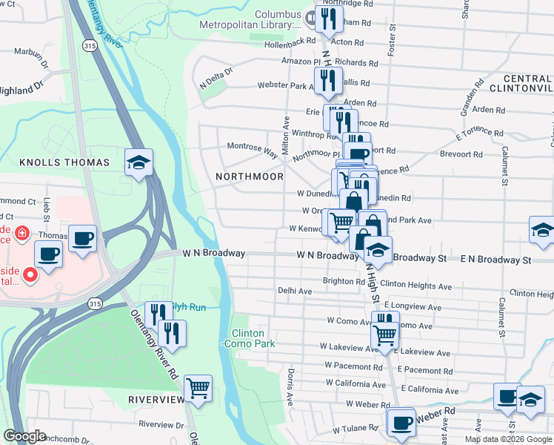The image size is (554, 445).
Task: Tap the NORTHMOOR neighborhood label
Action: pos(249,177)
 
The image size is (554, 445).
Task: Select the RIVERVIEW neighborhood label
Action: pos(156,400)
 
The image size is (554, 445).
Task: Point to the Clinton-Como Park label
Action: pos(253,338)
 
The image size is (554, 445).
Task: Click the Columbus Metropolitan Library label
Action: pos(278,20)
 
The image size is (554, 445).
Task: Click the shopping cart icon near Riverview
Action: pos(198,388)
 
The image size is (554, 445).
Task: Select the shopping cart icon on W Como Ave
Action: pos(384,334)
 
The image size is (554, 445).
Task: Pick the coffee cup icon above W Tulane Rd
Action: pos(401,423)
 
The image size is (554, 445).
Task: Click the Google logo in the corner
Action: pos(25,436)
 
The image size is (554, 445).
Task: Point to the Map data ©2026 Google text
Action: pos(508,439)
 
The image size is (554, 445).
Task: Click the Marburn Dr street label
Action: pos(30,53)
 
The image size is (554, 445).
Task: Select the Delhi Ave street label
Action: pos(295,291)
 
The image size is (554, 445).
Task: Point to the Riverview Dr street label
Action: pos(159,424)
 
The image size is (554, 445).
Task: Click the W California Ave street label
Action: pos(356,383)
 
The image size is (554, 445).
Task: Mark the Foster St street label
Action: pos(391,45)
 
